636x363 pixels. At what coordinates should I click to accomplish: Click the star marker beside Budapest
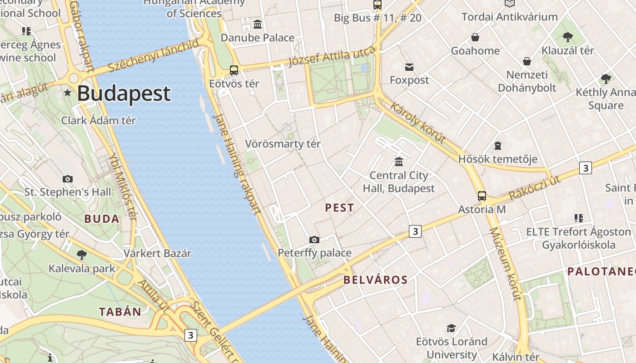pyautogui.click(x=68, y=93)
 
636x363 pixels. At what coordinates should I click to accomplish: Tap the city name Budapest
pyautogui.click(x=124, y=94)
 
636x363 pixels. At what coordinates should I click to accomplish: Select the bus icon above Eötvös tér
pyautogui.click(x=234, y=70)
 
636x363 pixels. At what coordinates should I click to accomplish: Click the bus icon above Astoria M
pyautogui.click(x=482, y=196)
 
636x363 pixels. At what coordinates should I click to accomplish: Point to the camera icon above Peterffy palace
pyautogui.click(x=314, y=240)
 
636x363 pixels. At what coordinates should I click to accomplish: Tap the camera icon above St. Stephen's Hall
pyautogui.click(x=68, y=179)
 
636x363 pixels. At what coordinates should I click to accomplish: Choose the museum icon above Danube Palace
pyautogui.click(x=258, y=24)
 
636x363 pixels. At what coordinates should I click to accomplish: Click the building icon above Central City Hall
pyautogui.click(x=399, y=162)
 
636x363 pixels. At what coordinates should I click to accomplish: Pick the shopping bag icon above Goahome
pyautogui.click(x=475, y=37)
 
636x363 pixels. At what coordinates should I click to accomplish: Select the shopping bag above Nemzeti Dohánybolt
pyautogui.click(x=527, y=61)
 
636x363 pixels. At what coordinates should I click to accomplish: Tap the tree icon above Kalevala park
pyautogui.click(x=82, y=255)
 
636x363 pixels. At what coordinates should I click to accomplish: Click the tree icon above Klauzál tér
pyautogui.click(x=567, y=37)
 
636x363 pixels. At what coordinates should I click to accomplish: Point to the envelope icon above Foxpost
pyautogui.click(x=409, y=67)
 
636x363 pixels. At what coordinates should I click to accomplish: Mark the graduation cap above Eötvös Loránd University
pyautogui.click(x=451, y=328)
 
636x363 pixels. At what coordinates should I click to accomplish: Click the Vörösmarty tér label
pyautogui.click(x=283, y=144)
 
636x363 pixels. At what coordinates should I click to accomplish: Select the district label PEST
pyautogui.click(x=339, y=208)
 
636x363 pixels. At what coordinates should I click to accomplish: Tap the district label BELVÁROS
pyautogui.click(x=376, y=280)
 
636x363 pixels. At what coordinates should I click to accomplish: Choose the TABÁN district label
pyautogui.click(x=120, y=312)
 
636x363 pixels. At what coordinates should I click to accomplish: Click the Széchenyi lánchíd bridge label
pyautogui.click(x=154, y=56)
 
